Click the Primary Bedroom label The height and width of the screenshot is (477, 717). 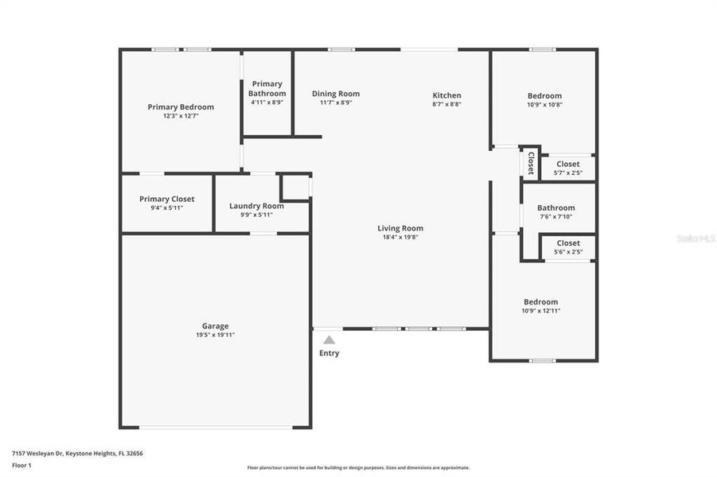tap(181, 107)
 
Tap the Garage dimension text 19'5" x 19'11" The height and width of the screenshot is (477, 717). tap(215, 335)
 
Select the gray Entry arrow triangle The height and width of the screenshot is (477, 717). tap(329, 339)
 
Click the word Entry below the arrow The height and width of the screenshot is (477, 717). tap(329, 353)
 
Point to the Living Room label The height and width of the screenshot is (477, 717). tap(400, 228)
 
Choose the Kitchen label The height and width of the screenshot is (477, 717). tap(446, 95)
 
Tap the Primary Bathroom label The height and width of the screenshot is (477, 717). tap(267, 88)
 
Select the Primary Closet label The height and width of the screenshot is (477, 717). tap(166, 199)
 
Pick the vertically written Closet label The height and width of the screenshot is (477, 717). tap(531, 162)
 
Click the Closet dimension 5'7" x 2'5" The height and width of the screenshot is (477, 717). tap(567, 173)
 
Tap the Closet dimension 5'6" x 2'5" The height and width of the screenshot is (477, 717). tap(568, 252)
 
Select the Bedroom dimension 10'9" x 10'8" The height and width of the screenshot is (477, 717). tap(544, 104)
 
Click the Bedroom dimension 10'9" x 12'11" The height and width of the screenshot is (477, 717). tap(540, 311)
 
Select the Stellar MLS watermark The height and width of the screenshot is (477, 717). tap(694, 238)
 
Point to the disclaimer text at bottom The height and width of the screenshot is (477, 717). tap(358, 467)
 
